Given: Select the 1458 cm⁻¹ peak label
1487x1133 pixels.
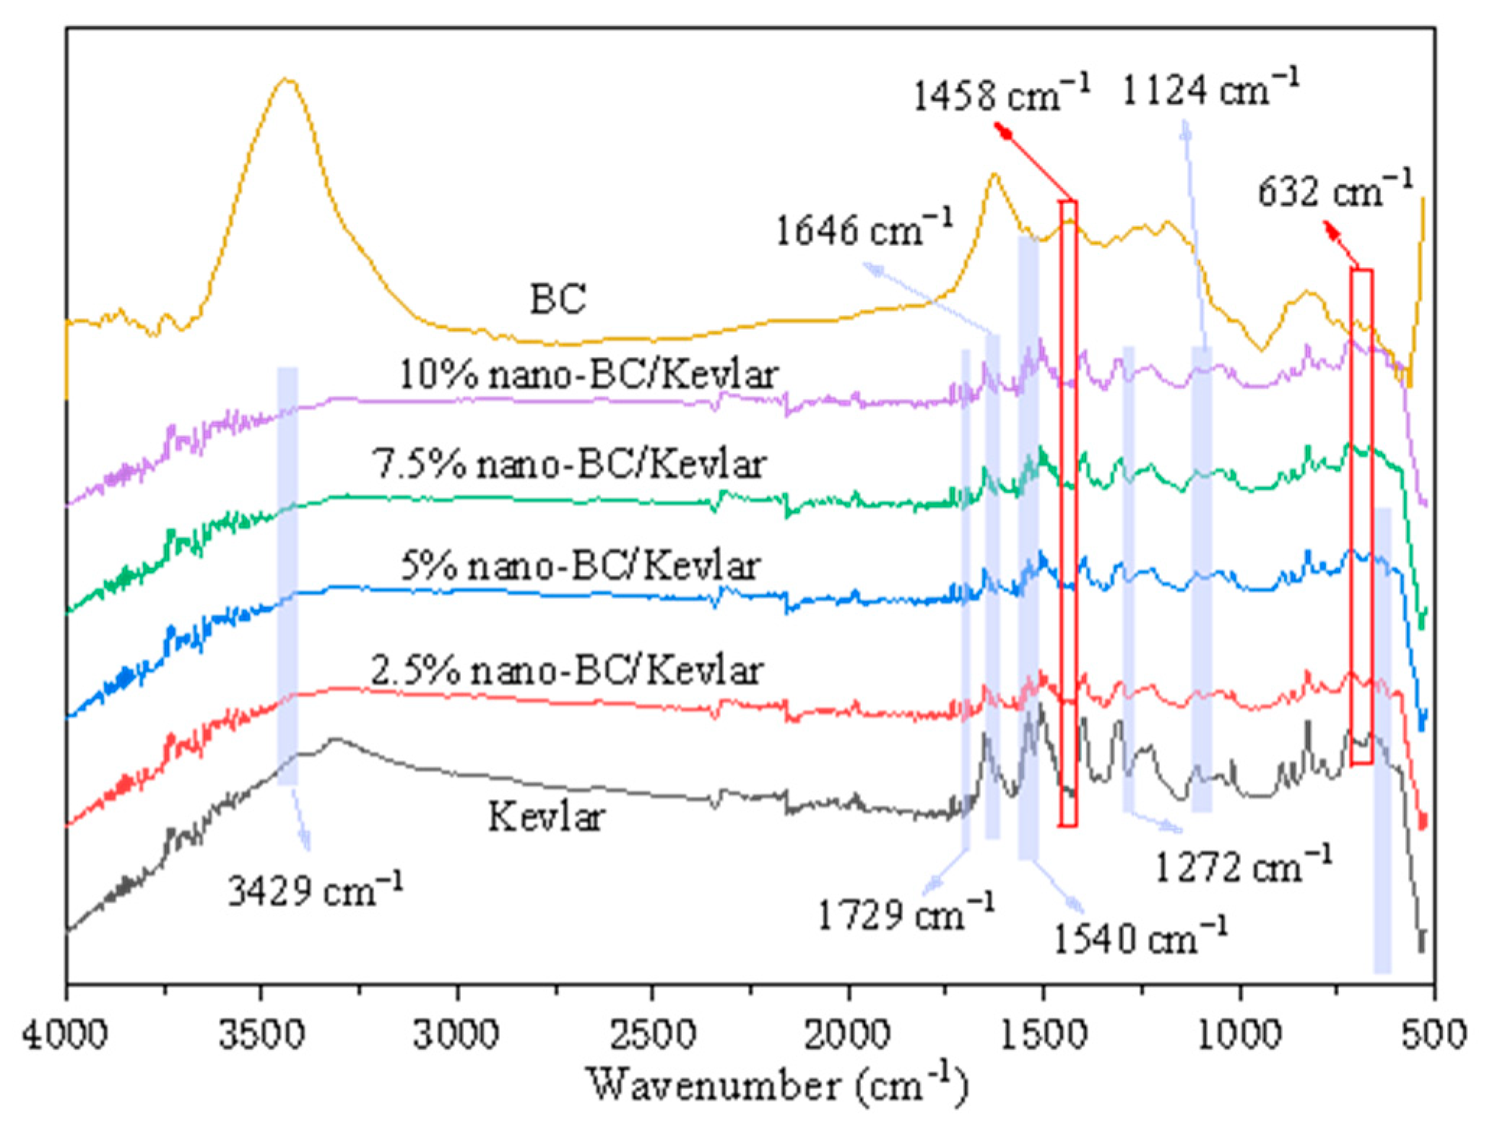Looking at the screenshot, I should click(x=1001, y=95).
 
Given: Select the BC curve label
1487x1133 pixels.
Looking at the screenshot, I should click(x=558, y=298).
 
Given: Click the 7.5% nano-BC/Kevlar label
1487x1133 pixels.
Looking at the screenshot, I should click(x=568, y=465).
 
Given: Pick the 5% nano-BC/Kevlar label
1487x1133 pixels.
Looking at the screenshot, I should click(x=579, y=566).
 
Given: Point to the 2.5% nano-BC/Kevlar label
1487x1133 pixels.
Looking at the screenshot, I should click(x=567, y=671).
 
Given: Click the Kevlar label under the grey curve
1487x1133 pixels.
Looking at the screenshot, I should click(x=547, y=817).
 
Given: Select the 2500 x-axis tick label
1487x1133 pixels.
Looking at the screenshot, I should click(x=653, y=1034).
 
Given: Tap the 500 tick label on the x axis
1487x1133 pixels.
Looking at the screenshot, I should click(x=1434, y=1034).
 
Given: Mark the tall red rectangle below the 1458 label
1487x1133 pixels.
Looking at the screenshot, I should click(x=1068, y=513).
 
